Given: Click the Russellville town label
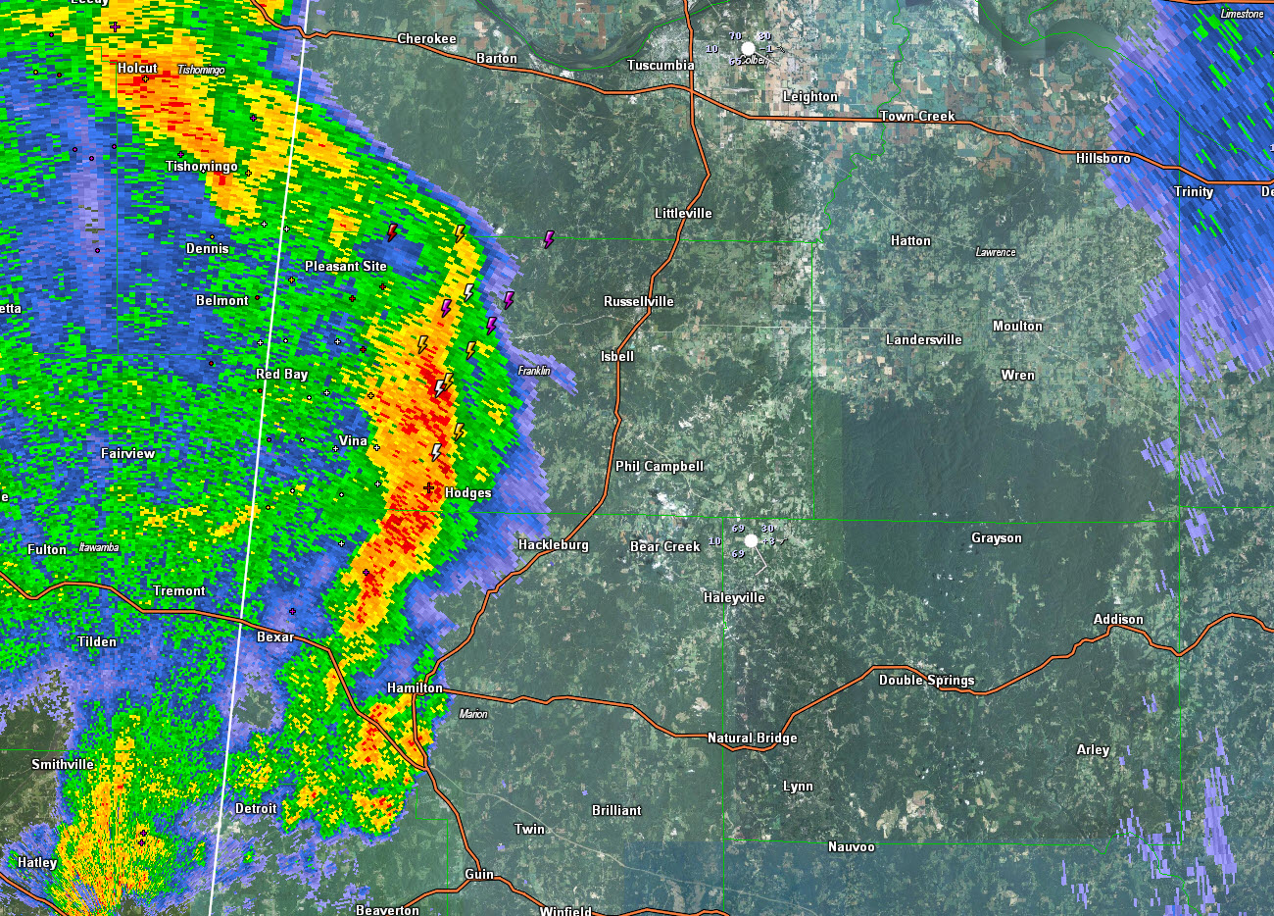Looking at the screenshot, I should click(638, 301).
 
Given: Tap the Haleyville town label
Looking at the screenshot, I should click(734, 597).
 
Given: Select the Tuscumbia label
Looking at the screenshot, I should click(661, 66).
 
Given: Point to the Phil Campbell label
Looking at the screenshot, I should click(659, 466).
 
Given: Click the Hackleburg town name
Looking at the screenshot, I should click(553, 544).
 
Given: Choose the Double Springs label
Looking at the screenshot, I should click(926, 680).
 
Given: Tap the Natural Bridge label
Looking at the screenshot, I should click(752, 738).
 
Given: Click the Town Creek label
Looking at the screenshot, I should click(916, 116).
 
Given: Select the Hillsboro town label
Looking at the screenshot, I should click(1102, 158).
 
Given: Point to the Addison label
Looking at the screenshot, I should click(1118, 619).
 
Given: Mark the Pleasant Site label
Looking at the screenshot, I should click(345, 266).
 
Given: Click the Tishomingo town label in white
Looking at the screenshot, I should click(201, 166).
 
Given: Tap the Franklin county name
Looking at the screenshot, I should click(534, 371).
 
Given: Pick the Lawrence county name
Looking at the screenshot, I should click(995, 252).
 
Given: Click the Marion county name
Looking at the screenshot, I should click(472, 714).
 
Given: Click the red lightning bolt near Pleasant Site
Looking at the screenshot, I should click(392, 232).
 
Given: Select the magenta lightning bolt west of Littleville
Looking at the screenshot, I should click(549, 239).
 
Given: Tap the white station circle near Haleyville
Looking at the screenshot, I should click(751, 540).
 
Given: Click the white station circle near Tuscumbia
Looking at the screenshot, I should click(748, 48).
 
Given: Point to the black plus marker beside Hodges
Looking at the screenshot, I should click(428, 487).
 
